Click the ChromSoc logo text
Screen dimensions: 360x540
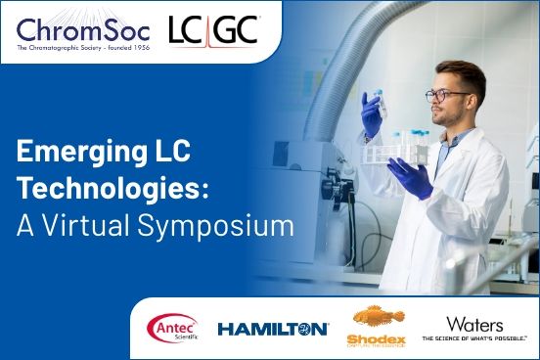point(81,27)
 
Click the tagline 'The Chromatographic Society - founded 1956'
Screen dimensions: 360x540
point(81,49)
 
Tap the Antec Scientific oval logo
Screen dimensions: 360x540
point(172,328)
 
